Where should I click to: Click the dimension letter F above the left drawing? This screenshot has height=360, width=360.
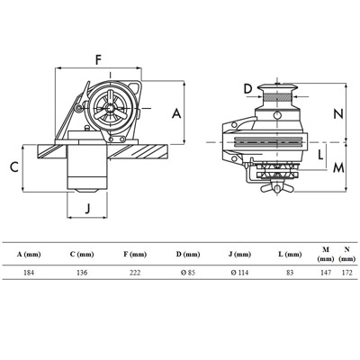coord(98,59)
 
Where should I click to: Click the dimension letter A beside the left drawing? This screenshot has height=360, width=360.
coord(176,114)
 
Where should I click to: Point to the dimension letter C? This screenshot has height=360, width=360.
coord(14,166)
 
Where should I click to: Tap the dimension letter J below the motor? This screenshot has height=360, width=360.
coord(87,208)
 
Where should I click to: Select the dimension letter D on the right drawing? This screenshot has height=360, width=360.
coord(248,89)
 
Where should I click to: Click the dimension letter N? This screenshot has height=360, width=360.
coord(338,114)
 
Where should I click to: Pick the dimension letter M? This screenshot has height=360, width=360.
coord(338,168)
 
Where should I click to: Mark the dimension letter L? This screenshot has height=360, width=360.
coord(320,155)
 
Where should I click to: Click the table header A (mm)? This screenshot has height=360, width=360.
coord(29,255)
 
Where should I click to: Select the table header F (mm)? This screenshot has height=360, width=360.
coord(135,255)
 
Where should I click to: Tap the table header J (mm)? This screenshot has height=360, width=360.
coord(239,255)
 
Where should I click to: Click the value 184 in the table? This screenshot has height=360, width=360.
coord(29,273)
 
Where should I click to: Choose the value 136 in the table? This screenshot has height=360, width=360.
coord(82,273)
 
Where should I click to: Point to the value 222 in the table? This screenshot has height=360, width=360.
coord(135,273)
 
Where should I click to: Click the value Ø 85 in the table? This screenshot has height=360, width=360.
coord(188,273)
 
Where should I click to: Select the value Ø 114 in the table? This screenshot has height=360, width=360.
coord(239,273)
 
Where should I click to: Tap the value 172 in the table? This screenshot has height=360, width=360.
coord(347,273)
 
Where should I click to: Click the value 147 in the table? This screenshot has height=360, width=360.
coord(326,273)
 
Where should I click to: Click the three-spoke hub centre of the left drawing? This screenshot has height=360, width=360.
coord(111,107)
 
